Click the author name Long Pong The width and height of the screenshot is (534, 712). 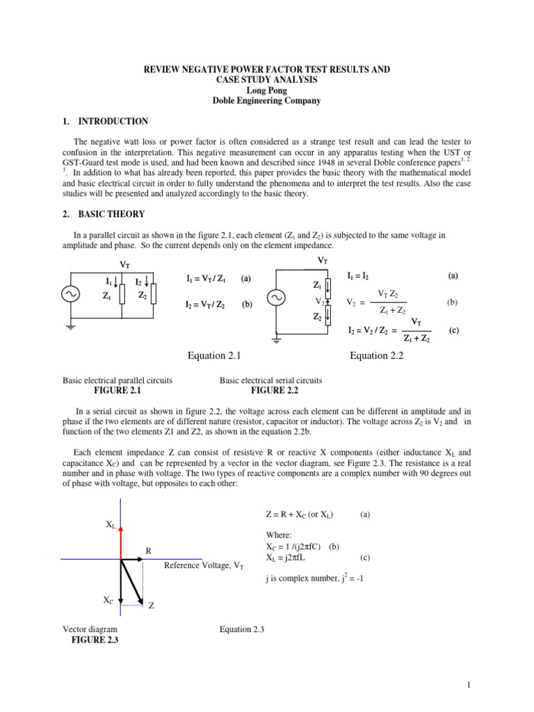(266, 90)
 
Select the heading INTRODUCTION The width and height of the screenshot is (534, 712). (114, 121)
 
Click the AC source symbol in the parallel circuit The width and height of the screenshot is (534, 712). (71, 294)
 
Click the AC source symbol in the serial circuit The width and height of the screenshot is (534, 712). (276, 298)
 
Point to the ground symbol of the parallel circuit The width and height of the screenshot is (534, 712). (71, 327)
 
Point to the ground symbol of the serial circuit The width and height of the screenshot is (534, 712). (276, 340)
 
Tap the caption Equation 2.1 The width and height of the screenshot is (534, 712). (214, 356)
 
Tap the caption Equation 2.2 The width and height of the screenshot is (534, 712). (378, 356)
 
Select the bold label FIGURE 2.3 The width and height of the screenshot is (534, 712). (95, 640)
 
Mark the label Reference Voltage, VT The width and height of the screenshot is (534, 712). (204, 565)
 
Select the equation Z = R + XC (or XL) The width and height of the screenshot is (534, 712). (300, 515)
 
